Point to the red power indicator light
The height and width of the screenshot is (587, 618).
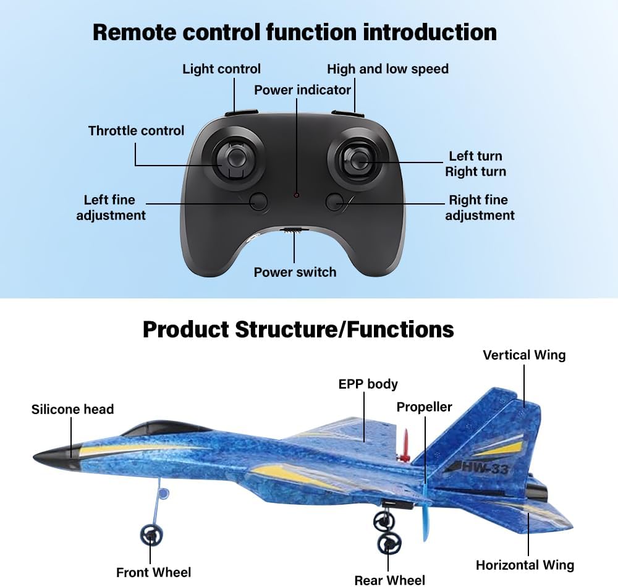[x=297, y=195]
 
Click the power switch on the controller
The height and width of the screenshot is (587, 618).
[x=295, y=230]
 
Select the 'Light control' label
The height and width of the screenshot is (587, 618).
[x=221, y=69]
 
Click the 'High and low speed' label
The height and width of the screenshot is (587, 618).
[x=387, y=69]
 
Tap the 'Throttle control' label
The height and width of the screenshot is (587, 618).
[x=136, y=130]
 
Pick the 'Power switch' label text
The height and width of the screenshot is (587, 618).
[x=295, y=272]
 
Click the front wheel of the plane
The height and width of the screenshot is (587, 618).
[x=151, y=535]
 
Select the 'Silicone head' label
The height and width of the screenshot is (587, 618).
[x=72, y=409]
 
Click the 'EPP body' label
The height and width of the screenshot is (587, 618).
[x=368, y=384]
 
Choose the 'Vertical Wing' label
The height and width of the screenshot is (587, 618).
[x=523, y=355]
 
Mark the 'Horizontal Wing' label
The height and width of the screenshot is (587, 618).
[x=525, y=565]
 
